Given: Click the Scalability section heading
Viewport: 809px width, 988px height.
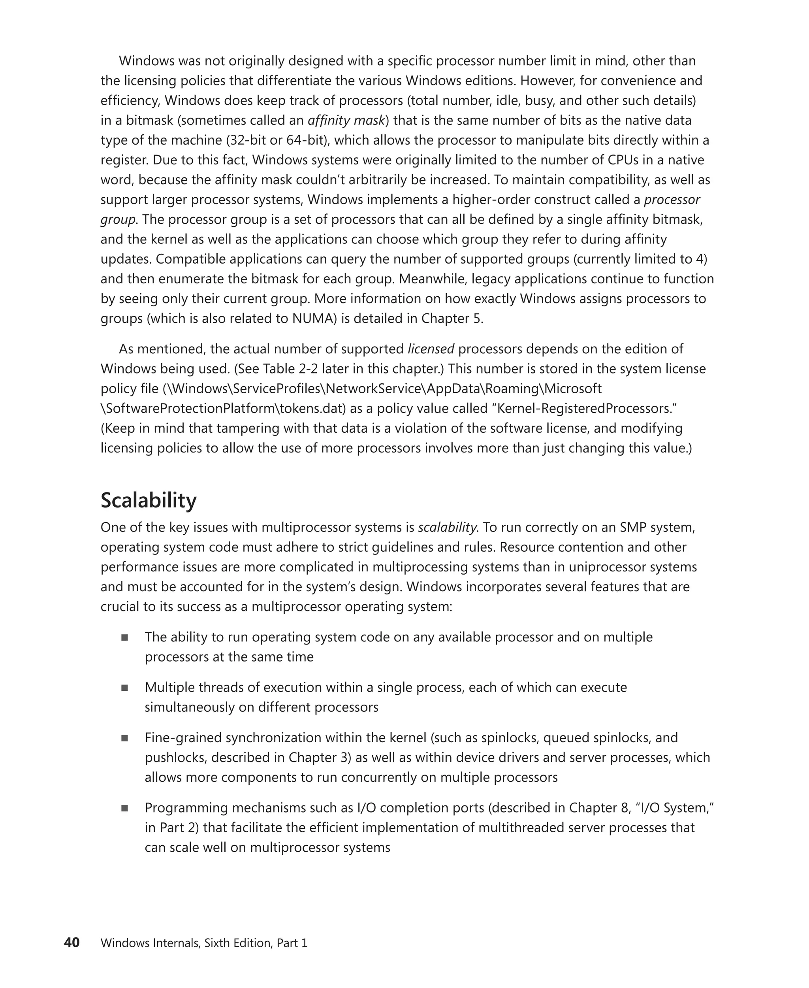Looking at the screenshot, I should pos(148,500).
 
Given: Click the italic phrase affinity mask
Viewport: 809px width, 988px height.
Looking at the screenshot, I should pos(347,120).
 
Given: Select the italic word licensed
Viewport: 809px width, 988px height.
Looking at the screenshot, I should pos(431,349).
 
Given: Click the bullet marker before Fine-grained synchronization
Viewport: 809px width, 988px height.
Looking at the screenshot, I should pos(124,738).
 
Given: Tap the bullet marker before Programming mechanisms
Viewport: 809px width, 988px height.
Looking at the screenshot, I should pos(124,808).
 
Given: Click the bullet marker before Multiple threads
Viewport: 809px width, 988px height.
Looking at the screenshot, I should pos(124,688).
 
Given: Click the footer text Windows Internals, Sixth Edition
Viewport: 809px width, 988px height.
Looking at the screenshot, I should pos(186,943).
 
